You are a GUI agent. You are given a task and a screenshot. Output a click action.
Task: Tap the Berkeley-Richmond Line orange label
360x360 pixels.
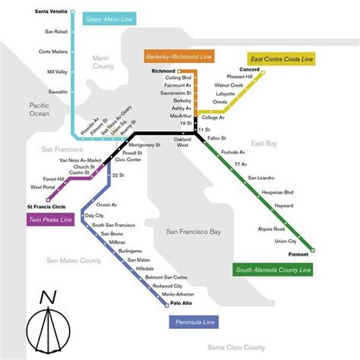coord(179,56)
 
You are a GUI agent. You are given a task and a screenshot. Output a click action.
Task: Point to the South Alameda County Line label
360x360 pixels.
coord(274,269)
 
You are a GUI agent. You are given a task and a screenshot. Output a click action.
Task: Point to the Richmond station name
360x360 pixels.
coord(164,71)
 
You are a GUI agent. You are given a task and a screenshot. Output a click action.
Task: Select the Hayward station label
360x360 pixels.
coord(284,205)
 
